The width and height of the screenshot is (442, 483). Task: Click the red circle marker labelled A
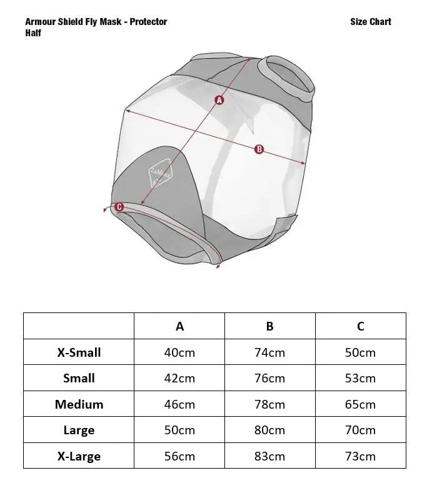(219, 99)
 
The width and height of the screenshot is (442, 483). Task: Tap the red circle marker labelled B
(259, 149)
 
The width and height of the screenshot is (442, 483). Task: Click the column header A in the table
(179, 326)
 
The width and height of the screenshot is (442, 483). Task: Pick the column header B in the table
(269, 326)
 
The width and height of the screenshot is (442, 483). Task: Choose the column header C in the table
(360, 326)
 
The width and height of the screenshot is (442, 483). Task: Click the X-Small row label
(79, 352)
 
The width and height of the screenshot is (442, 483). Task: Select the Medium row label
(79, 404)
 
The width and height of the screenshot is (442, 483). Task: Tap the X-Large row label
(79, 456)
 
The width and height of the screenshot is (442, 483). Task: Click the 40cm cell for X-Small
(179, 352)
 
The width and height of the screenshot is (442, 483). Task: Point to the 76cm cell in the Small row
(269, 379)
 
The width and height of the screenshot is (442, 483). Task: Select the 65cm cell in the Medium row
(360, 404)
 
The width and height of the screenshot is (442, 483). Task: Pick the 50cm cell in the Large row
(179, 431)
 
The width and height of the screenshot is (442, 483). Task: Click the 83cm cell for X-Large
(269, 456)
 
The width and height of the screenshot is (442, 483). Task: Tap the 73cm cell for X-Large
(360, 456)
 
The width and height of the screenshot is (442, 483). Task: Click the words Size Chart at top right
(371, 22)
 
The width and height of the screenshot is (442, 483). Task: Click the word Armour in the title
(41, 22)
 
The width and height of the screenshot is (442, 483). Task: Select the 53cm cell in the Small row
(360, 379)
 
